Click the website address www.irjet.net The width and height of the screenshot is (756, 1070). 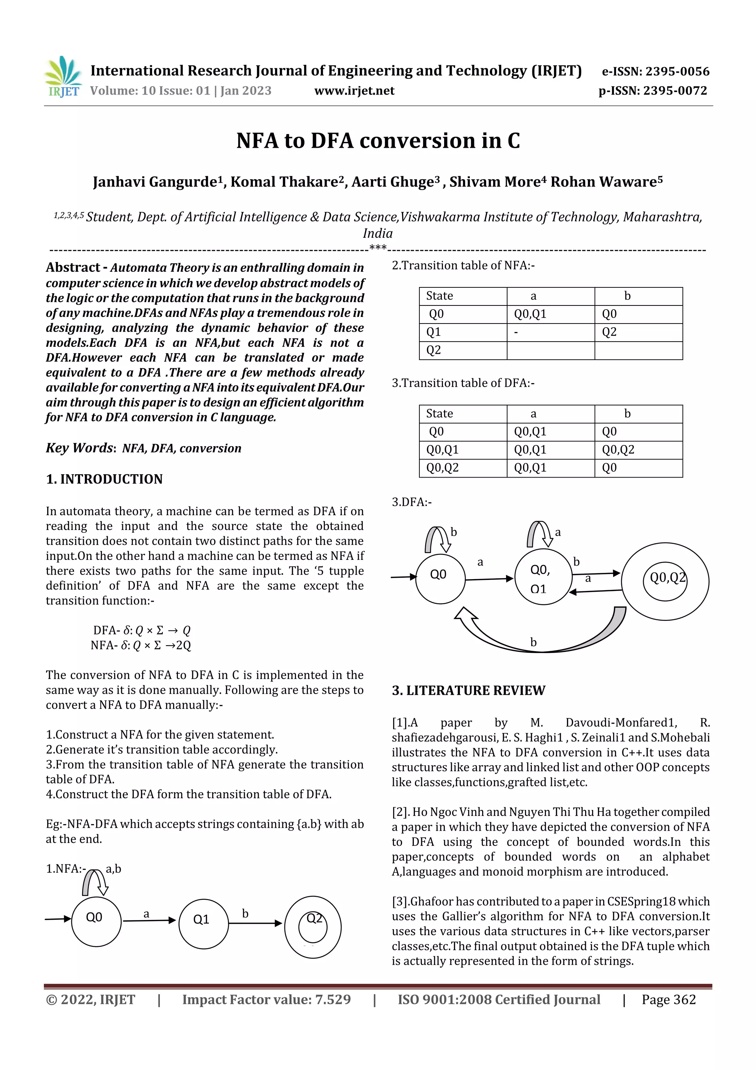point(354,90)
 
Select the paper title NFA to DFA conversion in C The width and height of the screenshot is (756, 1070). point(378,140)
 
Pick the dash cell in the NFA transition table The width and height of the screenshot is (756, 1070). point(516,332)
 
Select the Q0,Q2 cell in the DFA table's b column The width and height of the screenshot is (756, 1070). point(618,450)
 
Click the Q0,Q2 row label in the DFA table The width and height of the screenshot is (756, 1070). point(442,468)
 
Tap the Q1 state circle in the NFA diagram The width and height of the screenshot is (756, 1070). point(203,924)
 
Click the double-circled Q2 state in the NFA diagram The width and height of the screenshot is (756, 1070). point(313,927)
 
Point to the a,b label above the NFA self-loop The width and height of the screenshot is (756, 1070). point(113,869)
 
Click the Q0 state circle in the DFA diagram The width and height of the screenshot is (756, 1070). point(440,578)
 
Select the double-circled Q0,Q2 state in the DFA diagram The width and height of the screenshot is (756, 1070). point(665,581)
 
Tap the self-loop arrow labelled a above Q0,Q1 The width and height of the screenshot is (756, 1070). point(539,534)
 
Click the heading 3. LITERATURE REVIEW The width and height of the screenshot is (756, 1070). point(468,691)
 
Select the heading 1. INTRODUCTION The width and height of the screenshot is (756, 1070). point(104,479)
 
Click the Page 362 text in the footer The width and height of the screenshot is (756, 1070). point(669,999)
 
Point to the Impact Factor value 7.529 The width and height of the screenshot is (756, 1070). point(267,999)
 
